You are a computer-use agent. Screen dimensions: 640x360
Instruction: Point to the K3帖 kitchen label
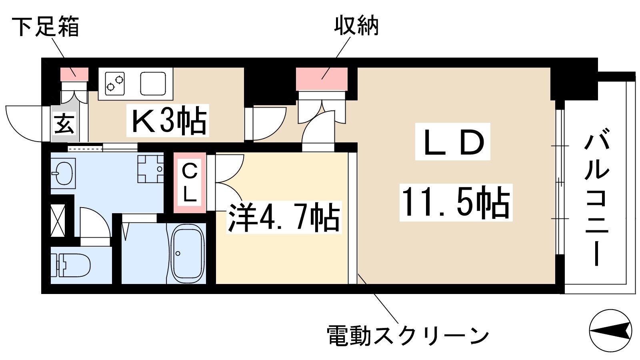tap(168, 120)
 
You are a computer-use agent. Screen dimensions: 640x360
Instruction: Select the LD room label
tap(453, 142)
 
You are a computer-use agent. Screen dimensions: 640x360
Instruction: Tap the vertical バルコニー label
tap(597, 197)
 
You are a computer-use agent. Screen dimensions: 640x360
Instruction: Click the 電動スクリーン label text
tap(408, 336)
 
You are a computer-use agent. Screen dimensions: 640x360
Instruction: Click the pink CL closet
tap(190, 183)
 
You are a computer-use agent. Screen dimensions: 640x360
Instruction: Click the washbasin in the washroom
tap(63, 173)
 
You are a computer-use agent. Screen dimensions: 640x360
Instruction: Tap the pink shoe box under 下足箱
tap(74, 74)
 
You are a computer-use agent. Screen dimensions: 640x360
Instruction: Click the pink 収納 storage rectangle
tap(322, 79)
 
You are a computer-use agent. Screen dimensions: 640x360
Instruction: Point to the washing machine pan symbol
tap(150, 169)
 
